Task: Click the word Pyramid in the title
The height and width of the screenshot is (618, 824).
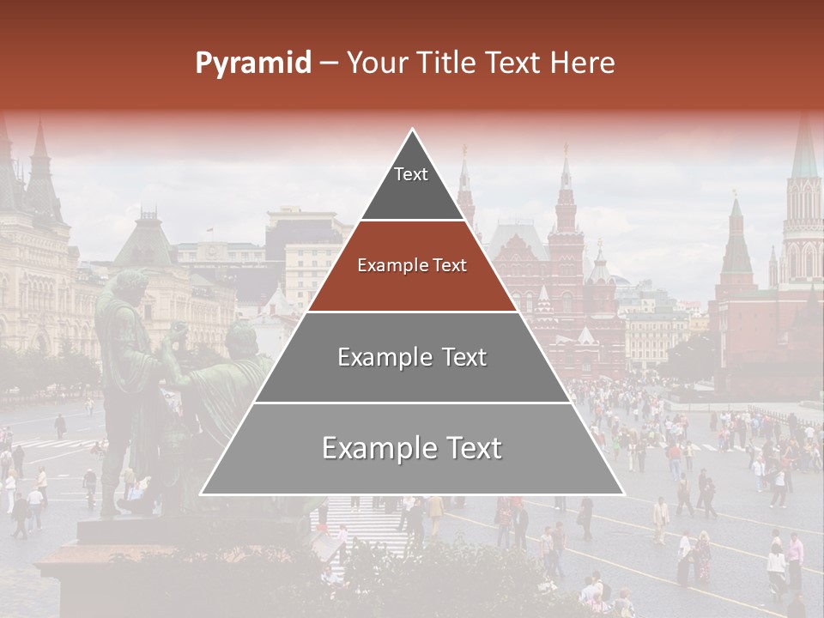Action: pos(252,64)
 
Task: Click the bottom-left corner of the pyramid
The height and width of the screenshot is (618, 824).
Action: pos(203,494)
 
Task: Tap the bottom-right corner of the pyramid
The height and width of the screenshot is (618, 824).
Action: pos(622,494)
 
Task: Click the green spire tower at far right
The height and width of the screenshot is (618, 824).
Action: pos(804,154)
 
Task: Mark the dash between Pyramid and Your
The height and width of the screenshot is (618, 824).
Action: pos(329,64)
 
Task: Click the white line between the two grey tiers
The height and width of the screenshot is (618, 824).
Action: pos(412,403)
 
